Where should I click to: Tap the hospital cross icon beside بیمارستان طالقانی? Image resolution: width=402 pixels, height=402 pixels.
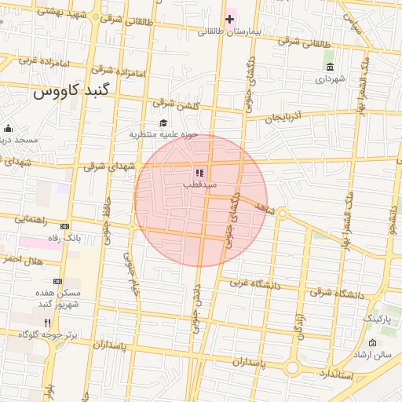[229, 18]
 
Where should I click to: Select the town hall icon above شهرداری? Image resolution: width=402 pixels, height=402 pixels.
[328, 66]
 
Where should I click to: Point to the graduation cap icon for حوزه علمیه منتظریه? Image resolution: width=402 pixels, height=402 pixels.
[163, 122]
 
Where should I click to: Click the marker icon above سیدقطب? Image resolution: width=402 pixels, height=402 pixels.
[199, 172]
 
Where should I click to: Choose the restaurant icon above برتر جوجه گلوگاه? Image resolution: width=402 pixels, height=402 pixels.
[47, 323]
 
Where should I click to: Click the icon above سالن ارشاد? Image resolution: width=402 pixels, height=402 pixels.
[372, 343]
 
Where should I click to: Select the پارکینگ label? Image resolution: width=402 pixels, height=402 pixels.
[376, 319]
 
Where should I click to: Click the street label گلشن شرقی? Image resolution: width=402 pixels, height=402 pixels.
[173, 104]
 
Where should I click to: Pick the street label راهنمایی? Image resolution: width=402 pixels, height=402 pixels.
[31, 219]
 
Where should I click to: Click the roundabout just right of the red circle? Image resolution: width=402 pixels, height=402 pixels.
[281, 213]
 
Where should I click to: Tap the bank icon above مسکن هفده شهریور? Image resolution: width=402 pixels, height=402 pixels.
[57, 280]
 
